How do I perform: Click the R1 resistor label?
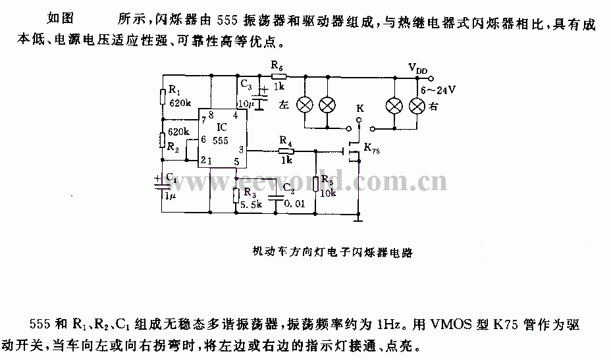[x=174, y=90]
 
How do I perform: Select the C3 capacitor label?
[x=246, y=84]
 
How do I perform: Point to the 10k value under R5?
[x=328, y=193]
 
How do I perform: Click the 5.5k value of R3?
[x=251, y=204]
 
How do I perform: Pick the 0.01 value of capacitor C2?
[x=294, y=203]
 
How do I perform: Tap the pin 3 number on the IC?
[x=242, y=149]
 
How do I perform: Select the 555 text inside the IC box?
[x=221, y=141]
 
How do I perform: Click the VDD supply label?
[x=417, y=68]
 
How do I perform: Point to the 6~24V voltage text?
[x=438, y=90]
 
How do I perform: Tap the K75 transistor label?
[x=372, y=149]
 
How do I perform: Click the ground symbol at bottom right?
[x=358, y=219]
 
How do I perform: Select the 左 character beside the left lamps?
[x=284, y=105]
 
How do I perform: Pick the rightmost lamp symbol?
[x=417, y=106]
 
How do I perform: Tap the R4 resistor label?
[x=286, y=141]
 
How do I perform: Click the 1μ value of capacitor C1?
[x=171, y=196]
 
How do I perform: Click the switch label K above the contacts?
[x=360, y=109]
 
